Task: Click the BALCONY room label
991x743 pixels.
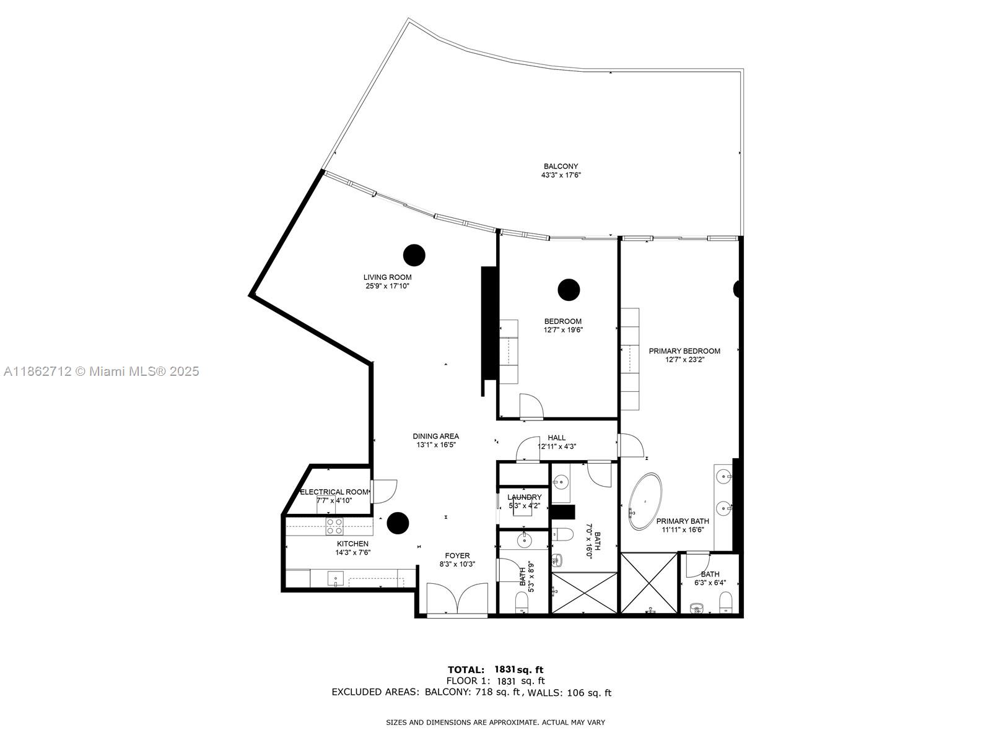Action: (561, 166)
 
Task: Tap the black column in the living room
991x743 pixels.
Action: (414, 254)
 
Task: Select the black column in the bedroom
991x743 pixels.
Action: (569, 289)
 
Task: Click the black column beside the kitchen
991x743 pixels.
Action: (398, 523)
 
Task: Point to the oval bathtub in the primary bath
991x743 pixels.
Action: (646, 502)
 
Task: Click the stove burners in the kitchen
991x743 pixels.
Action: (334, 526)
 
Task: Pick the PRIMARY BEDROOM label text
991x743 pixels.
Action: (684, 351)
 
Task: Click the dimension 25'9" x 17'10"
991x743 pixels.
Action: (387, 286)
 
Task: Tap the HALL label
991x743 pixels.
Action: (556, 438)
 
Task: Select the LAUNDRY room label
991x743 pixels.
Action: (524, 497)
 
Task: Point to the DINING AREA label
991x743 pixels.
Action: (436, 436)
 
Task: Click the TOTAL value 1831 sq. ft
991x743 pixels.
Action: (518, 669)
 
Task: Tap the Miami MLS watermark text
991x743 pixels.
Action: (101, 371)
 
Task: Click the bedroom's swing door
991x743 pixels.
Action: (531, 406)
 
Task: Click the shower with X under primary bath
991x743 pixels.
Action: (650, 583)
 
